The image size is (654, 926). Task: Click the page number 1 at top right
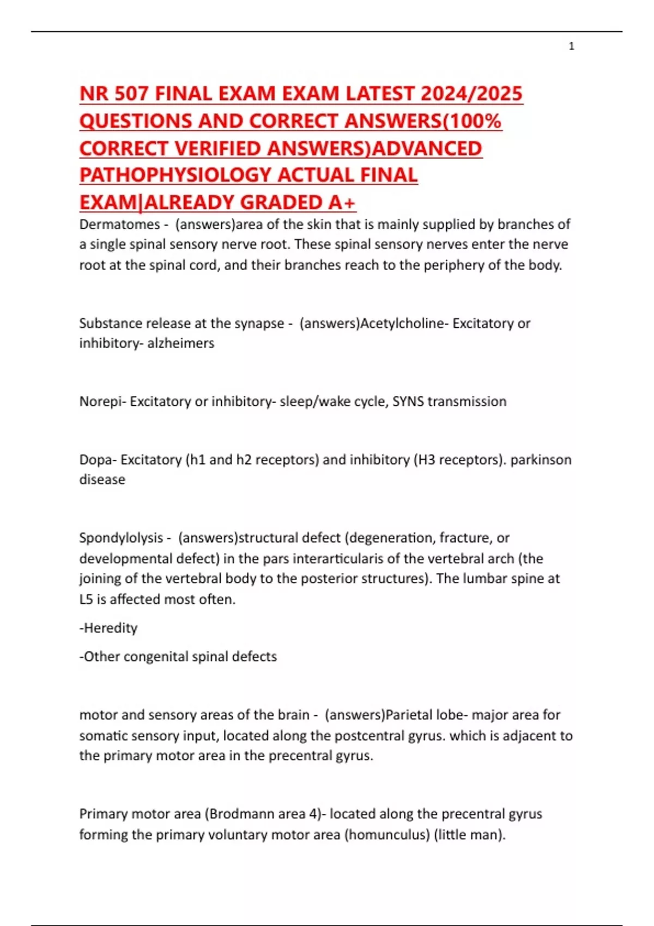[571, 46]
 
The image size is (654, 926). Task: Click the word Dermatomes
[119, 224]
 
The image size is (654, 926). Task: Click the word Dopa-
[98, 460]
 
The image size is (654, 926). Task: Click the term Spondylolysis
[121, 538]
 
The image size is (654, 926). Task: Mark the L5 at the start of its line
[86, 599]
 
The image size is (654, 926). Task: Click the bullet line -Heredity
[108, 628]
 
